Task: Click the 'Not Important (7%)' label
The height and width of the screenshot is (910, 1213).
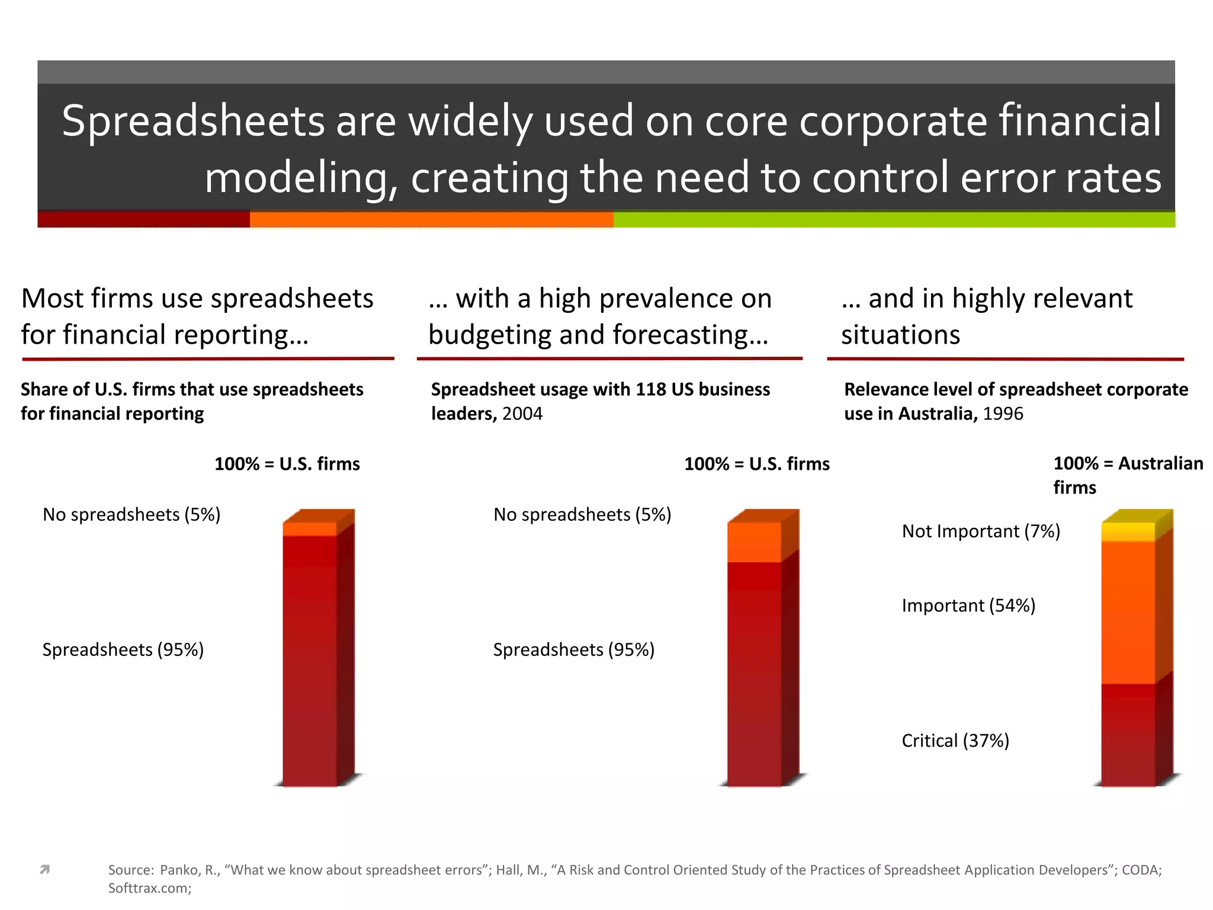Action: point(981,531)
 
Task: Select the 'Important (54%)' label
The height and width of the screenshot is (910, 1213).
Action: point(968,605)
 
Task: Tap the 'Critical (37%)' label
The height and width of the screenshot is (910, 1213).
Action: point(955,741)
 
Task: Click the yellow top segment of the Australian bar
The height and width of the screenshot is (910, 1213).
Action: point(1128,531)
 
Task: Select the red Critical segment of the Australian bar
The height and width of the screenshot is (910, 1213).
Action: point(1128,735)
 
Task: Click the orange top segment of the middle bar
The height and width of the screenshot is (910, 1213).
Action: point(754,542)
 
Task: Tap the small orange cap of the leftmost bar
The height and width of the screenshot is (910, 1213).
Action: point(310,529)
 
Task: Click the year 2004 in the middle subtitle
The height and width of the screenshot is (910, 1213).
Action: point(522,414)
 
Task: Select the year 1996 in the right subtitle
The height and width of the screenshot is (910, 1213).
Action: point(1003,414)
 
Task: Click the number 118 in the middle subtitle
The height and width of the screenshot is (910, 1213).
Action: point(652,390)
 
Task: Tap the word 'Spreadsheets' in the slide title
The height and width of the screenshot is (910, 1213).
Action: point(193,121)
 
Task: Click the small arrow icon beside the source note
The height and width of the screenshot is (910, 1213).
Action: point(44,870)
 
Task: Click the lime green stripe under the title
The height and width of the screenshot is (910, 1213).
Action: point(894,220)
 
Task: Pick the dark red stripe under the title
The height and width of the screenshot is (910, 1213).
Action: point(143,220)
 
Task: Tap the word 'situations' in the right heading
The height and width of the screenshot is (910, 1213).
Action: point(900,335)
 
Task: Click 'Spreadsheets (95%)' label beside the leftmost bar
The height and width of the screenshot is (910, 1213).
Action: point(123,650)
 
